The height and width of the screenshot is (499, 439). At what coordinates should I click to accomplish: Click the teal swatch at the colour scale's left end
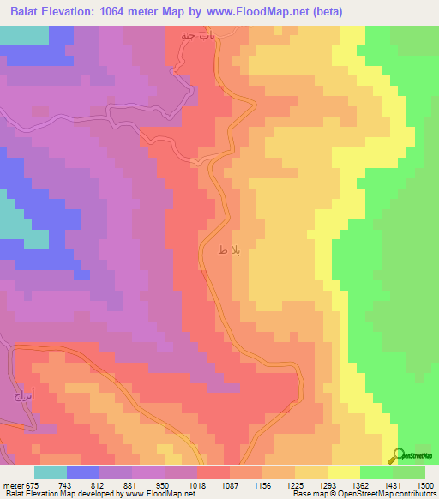tap(51, 472)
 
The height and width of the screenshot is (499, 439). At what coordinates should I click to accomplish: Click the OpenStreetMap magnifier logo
tap(397, 454)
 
